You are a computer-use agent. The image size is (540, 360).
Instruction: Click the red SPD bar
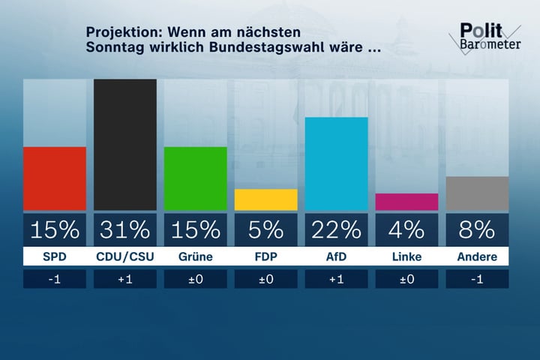point(55,178)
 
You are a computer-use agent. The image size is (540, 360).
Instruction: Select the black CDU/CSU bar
point(125,144)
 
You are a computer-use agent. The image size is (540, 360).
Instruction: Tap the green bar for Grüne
point(195,178)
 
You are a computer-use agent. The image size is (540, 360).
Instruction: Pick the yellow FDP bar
point(265,199)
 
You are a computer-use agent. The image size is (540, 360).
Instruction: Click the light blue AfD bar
point(336,163)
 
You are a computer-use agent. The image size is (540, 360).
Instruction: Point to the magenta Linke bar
point(406,202)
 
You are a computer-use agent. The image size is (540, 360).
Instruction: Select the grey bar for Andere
point(477,193)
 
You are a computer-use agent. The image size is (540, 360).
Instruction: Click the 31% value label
point(125,229)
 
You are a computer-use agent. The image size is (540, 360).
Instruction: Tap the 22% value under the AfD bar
point(336,229)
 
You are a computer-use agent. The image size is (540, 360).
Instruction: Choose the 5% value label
point(265,229)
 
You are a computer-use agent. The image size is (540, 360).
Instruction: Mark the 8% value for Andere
point(477,229)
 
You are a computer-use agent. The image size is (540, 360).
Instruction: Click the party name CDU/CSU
point(125,256)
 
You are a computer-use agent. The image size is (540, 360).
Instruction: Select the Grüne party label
point(195,256)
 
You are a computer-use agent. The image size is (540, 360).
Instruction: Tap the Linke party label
point(406,256)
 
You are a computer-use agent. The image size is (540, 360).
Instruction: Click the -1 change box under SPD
point(55,279)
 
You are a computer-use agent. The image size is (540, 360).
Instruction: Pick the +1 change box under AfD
point(336,279)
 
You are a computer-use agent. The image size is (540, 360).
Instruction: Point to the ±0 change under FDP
point(265,279)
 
